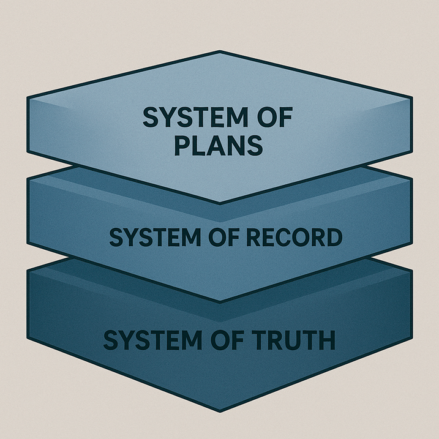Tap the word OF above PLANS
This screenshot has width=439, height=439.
click(x=270, y=118)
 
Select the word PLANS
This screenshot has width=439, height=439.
click(x=219, y=146)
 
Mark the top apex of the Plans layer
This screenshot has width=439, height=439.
click(x=220, y=52)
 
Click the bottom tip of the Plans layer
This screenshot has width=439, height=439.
click(x=220, y=202)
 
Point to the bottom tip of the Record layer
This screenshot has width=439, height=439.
click(x=220, y=301)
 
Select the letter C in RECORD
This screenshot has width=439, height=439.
click(x=277, y=238)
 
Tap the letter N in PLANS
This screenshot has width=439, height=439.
click(x=237, y=146)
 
